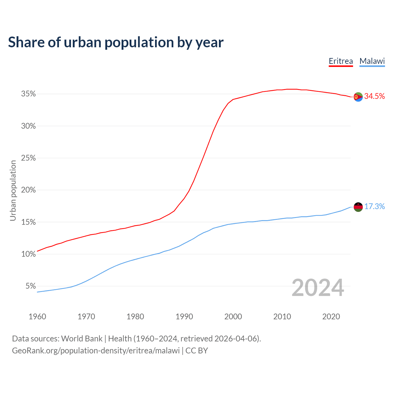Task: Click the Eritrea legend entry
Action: click(341, 61)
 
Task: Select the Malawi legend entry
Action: click(372, 61)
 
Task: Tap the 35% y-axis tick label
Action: click(28, 94)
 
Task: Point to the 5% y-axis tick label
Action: click(30, 286)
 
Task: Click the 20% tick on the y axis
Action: click(28, 190)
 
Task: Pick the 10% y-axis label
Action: click(28, 254)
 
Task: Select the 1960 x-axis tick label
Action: click(37, 317)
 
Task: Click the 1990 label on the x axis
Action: click(184, 317)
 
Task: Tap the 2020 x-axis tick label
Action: click(331, 317)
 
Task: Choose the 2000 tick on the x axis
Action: click(233, 317)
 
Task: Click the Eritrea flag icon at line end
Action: click(358, 97)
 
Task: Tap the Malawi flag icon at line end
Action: click(358, 207)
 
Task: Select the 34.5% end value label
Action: click(375, 96)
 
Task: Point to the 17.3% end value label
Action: click(375, 207)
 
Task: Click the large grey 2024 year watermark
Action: click(318, 288)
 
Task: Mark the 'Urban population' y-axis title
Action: click(13, 190)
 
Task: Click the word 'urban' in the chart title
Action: click(82, 42)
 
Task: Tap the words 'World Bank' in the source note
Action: click(82, 339)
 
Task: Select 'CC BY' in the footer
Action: click(196, 351)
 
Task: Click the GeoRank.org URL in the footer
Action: click(96, 351)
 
